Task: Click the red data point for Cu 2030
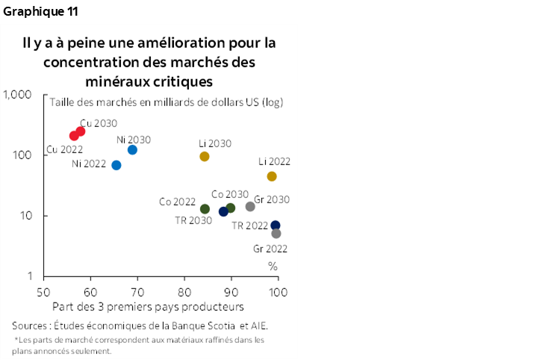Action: (81, 131)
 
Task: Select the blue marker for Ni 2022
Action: (116, 165)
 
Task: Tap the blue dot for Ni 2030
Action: (132, 150)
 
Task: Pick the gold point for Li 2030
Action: (205, 157)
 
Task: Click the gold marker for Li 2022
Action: (272, 176)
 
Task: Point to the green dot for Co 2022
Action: (205, 209)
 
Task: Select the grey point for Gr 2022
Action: (276, 234)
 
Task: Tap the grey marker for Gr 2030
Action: (250, 207)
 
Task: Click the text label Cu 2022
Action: (64, 149)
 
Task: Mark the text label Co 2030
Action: (229, 194)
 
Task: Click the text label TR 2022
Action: (249, 225)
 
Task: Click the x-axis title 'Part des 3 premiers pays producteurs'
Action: (148, 306)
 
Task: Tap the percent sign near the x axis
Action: (273, 266)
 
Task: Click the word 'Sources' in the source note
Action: (32, 326)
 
